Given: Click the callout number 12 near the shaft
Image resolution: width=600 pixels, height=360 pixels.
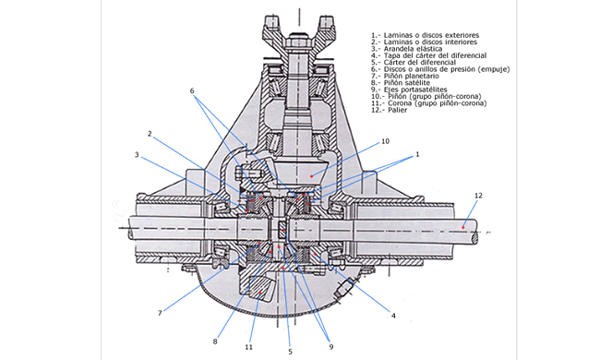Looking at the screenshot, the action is (x=478, y=196).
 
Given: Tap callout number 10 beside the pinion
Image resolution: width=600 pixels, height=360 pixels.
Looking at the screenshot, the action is (x=385, y=141).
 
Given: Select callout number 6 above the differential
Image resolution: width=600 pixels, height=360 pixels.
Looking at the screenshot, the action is (x=192, y=90).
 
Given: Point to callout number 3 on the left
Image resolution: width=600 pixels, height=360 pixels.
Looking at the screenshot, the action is (x=137, y=154).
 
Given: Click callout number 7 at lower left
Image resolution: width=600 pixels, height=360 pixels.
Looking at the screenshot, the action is (x=160, y=313).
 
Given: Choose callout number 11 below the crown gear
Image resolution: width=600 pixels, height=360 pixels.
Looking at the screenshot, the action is (x=248, y=347).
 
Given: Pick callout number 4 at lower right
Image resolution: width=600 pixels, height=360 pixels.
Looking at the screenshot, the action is (x=393, y=316).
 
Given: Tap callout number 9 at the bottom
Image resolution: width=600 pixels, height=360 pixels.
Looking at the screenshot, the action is (x=331, y=346).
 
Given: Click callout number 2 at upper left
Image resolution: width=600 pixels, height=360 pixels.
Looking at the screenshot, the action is (x=150, y=134).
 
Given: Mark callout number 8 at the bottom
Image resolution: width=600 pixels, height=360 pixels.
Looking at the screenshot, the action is (x=215, y=341).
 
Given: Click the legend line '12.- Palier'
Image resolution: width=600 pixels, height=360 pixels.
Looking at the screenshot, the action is (x=390, y=110).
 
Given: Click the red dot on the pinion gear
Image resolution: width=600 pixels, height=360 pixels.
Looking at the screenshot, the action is (x=311, y=176).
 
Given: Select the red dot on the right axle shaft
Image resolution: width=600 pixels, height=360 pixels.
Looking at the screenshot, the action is (x=462, y=228).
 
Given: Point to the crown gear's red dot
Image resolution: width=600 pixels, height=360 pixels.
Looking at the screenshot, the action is (x=259, y=293).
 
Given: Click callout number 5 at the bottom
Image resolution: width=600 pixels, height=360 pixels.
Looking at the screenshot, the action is (x=290, y=352).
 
